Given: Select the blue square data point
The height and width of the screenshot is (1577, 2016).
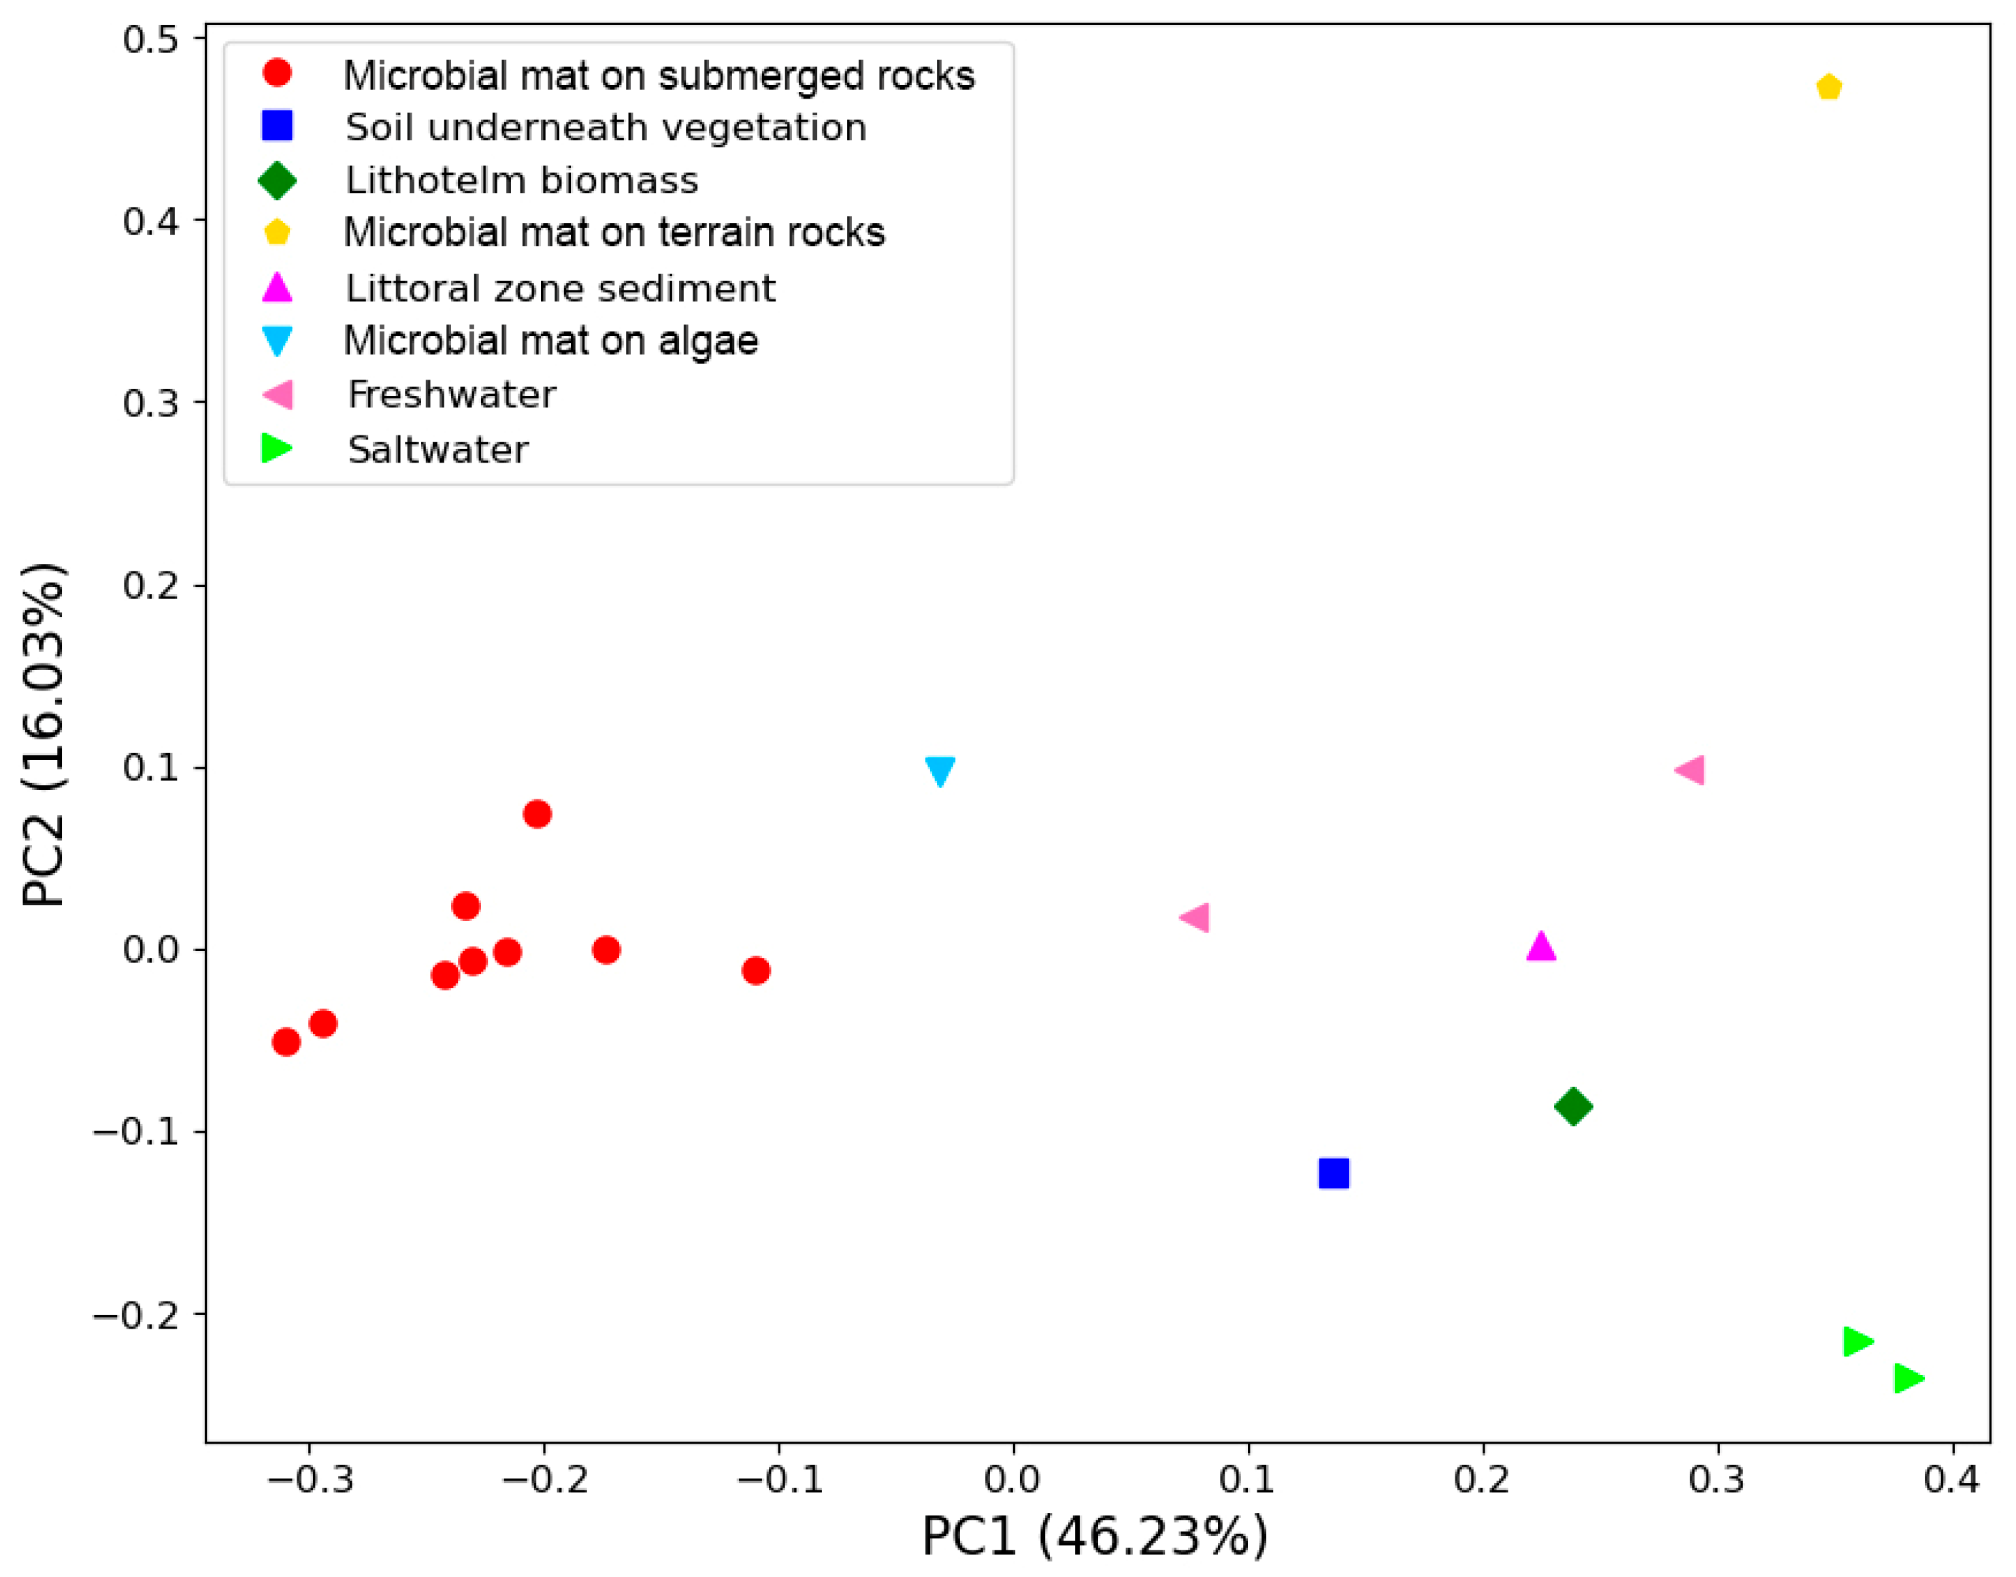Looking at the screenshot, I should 1334,1174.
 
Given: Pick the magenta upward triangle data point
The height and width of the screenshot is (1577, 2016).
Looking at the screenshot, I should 1541,946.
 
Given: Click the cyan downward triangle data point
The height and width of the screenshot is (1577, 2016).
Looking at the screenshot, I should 940,771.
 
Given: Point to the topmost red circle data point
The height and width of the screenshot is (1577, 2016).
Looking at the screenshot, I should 538,814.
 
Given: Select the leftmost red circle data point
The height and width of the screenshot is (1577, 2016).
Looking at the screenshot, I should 286,1042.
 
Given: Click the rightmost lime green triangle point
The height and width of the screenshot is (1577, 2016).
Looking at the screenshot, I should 1908,1378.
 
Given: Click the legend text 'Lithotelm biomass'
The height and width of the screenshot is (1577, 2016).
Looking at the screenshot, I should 522,181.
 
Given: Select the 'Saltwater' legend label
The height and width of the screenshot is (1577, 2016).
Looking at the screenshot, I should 437,450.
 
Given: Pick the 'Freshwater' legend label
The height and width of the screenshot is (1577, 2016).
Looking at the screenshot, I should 452,395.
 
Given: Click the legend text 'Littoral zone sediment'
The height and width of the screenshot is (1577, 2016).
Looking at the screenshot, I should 560,289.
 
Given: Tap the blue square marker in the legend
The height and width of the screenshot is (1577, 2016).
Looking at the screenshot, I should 277,127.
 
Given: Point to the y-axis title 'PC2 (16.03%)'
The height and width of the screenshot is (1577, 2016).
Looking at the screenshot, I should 44,735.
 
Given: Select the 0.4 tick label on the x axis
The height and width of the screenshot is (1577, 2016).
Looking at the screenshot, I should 1951,1480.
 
